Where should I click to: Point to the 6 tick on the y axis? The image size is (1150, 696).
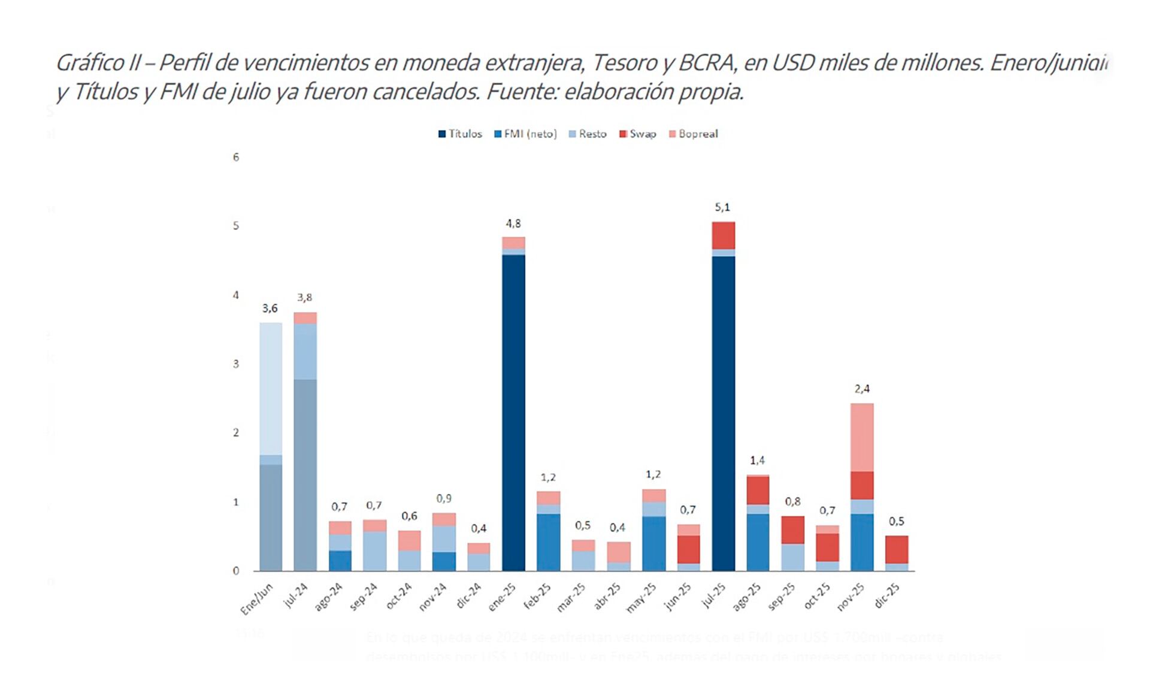(x=236, y=158)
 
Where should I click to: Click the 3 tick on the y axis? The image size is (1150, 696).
(x=236, y=364)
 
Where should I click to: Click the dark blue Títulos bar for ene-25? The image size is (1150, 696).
(x=513, y=413)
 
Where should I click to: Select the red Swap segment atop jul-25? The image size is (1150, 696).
(x=723, y=235)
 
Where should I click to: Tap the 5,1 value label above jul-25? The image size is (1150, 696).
(x=722, y=207)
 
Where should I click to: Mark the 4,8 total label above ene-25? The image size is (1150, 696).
(x=513, y=223)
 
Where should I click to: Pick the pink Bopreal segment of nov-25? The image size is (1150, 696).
(x=862, y=437)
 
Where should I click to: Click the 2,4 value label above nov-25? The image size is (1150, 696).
(x=862, y=389)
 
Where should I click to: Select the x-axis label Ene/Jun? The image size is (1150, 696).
(x=257, y=598)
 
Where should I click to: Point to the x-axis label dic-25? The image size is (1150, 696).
(x=887, y=596)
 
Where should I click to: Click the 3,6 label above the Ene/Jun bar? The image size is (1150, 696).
(x=270, y=308)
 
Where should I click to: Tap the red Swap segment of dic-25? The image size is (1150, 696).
(x=897, y=549)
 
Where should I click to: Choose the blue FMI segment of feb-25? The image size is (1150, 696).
(x=548, y=542)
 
